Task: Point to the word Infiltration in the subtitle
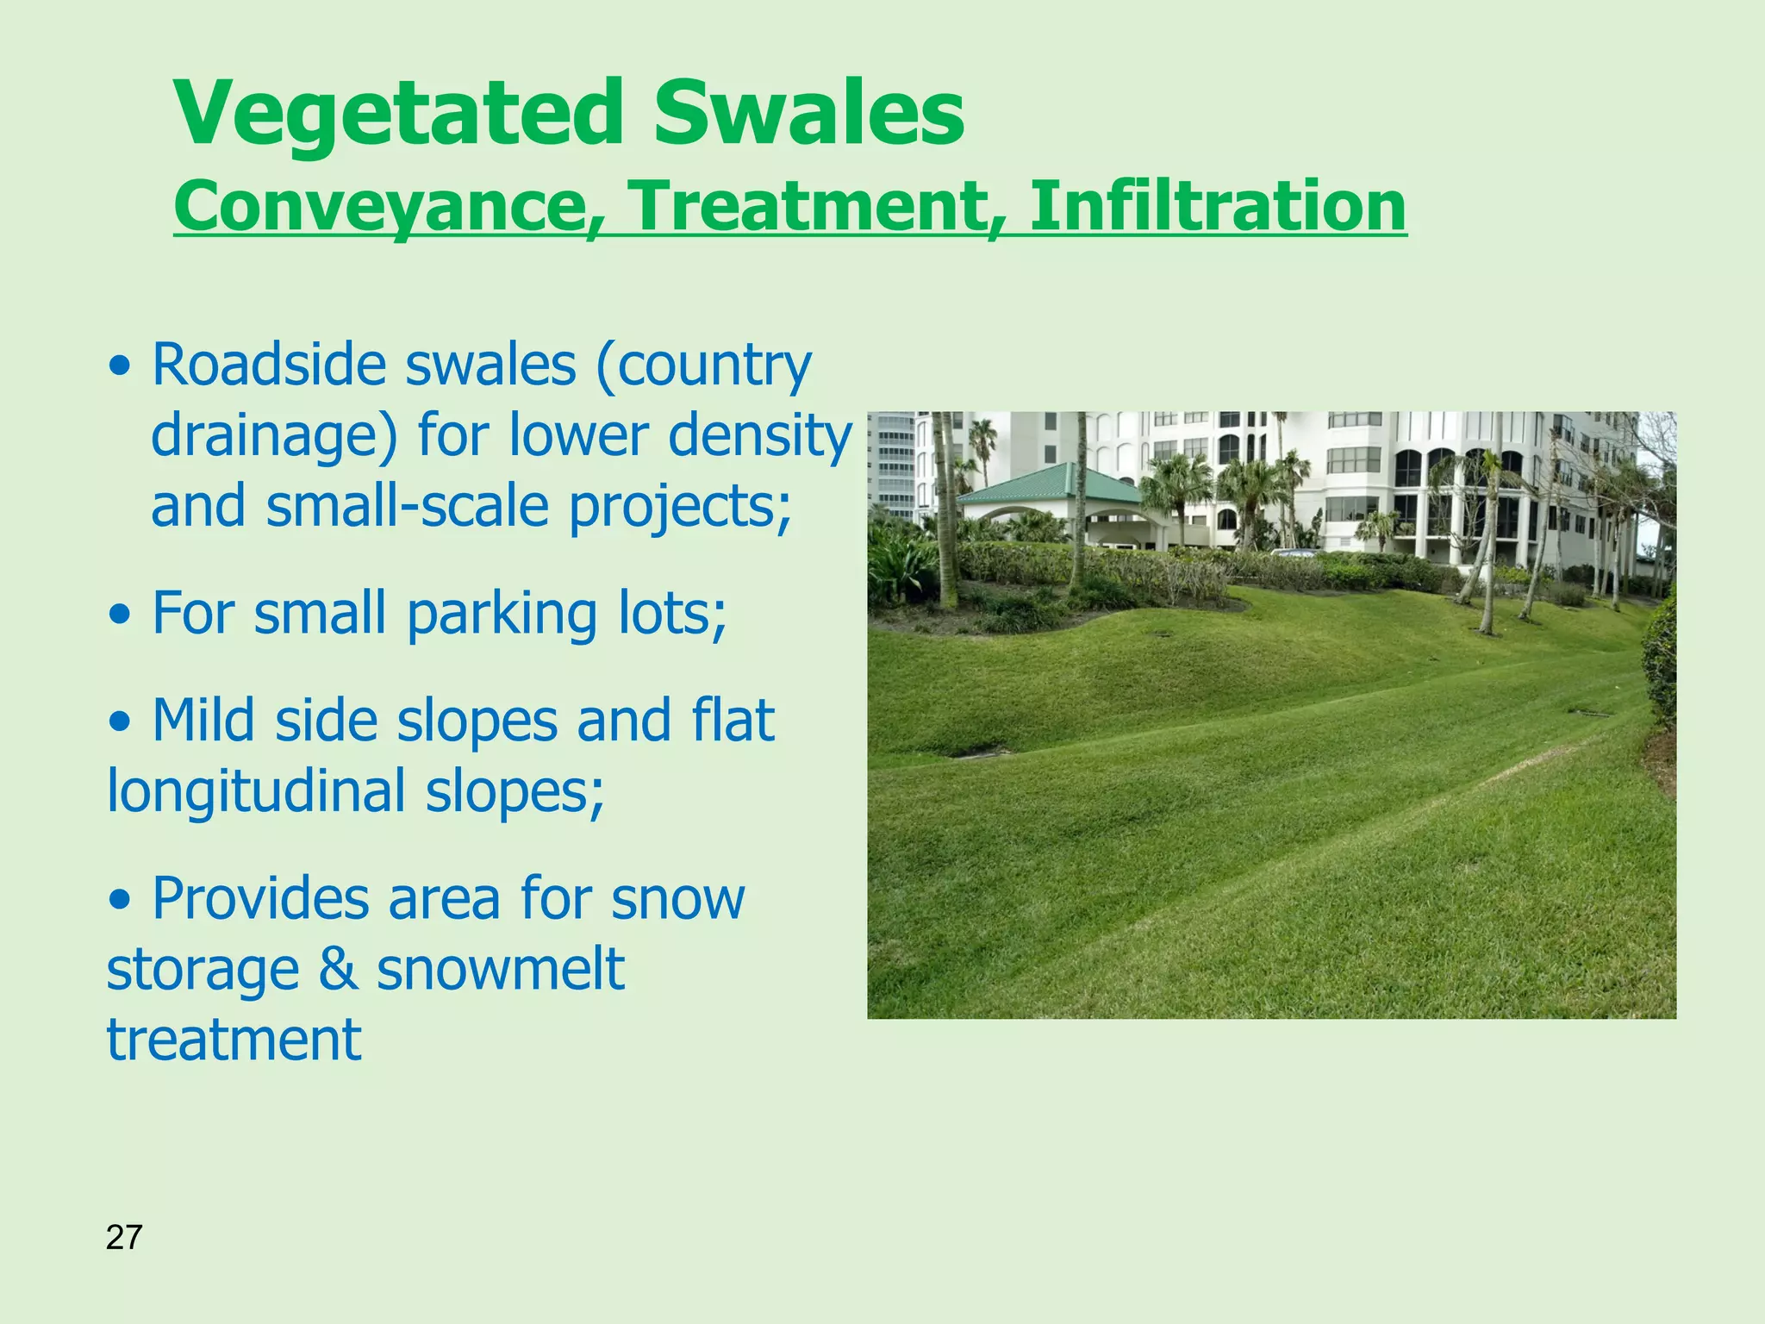coord(1217,207)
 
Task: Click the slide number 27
coord(123,1238)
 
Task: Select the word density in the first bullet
coord(759,435)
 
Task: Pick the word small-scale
coord(407,506)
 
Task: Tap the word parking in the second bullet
coord(502,614)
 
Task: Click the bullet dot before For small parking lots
coord(122,617)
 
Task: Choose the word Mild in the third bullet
coord(203,721)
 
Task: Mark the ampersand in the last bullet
coord(338,970)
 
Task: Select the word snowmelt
coord(500,970)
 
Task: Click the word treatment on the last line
coord(234,1040)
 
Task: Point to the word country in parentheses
coord(712,366)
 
